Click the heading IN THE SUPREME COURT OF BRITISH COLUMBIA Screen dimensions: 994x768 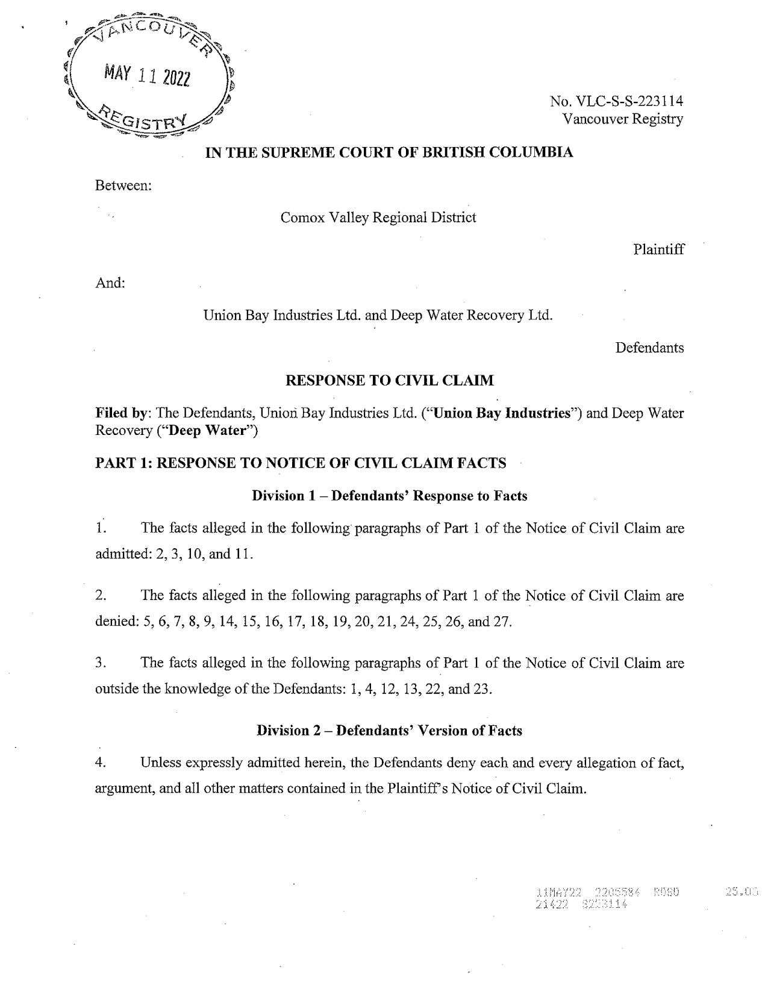click(389, 152)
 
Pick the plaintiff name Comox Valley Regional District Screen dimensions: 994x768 click(378, 217)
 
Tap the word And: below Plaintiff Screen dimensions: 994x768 click(110, 283)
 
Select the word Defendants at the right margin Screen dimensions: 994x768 click(649, 348)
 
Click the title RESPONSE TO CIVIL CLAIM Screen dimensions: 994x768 click(389, 381)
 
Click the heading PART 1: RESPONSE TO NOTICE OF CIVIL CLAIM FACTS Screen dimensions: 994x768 click(301, 463)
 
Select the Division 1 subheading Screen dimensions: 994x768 click(389, 496)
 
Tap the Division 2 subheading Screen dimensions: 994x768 click(389, 731)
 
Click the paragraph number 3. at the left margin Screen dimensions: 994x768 click(101, 663)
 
